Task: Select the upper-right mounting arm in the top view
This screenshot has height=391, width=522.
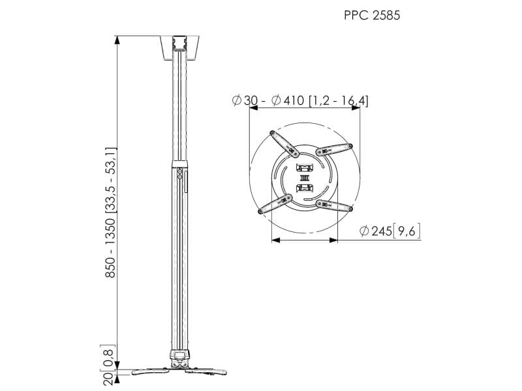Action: tap(334, 148)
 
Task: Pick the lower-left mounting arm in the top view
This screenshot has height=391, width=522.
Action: tap(275, 205)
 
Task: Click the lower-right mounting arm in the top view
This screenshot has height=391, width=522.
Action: tap(333, 206)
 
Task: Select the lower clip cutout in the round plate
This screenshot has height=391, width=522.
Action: tap(304, 189)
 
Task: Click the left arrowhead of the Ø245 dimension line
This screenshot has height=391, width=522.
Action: tap(274, 240)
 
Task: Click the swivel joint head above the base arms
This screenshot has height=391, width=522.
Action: tap(178, 356)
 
